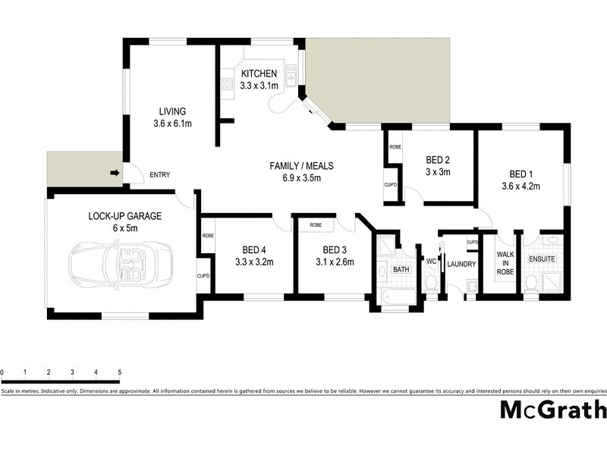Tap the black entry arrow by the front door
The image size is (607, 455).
coord(115,174)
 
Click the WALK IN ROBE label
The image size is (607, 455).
coord(505,262)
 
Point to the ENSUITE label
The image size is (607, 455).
coord(543,259)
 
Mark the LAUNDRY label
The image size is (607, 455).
coord(461,265)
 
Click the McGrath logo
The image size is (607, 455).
coord(552,410)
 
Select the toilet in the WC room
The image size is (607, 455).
coord(431,281)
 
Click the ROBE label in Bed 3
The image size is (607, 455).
coord(316,225)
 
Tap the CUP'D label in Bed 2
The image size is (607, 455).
coord(392,184)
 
